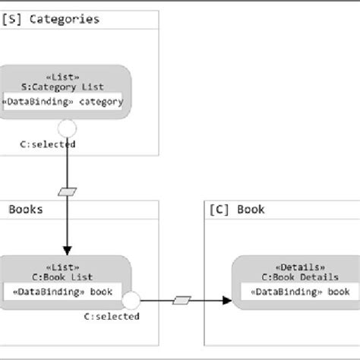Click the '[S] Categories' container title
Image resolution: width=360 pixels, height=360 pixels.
[51, 19]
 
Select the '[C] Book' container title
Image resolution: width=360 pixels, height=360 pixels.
[236, 209]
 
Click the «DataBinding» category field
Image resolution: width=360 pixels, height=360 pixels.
[65, 102]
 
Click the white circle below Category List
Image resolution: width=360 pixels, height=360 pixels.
[67, 127]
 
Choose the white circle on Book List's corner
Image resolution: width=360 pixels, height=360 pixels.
[131, 301]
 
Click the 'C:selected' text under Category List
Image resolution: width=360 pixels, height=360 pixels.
[48, 144]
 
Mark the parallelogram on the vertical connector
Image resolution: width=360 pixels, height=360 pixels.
[68, 191]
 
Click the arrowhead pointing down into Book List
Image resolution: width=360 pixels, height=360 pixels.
[67, 251]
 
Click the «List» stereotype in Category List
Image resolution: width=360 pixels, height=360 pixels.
[67, 77]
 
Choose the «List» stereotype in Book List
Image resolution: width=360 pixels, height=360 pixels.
[67, 267]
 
